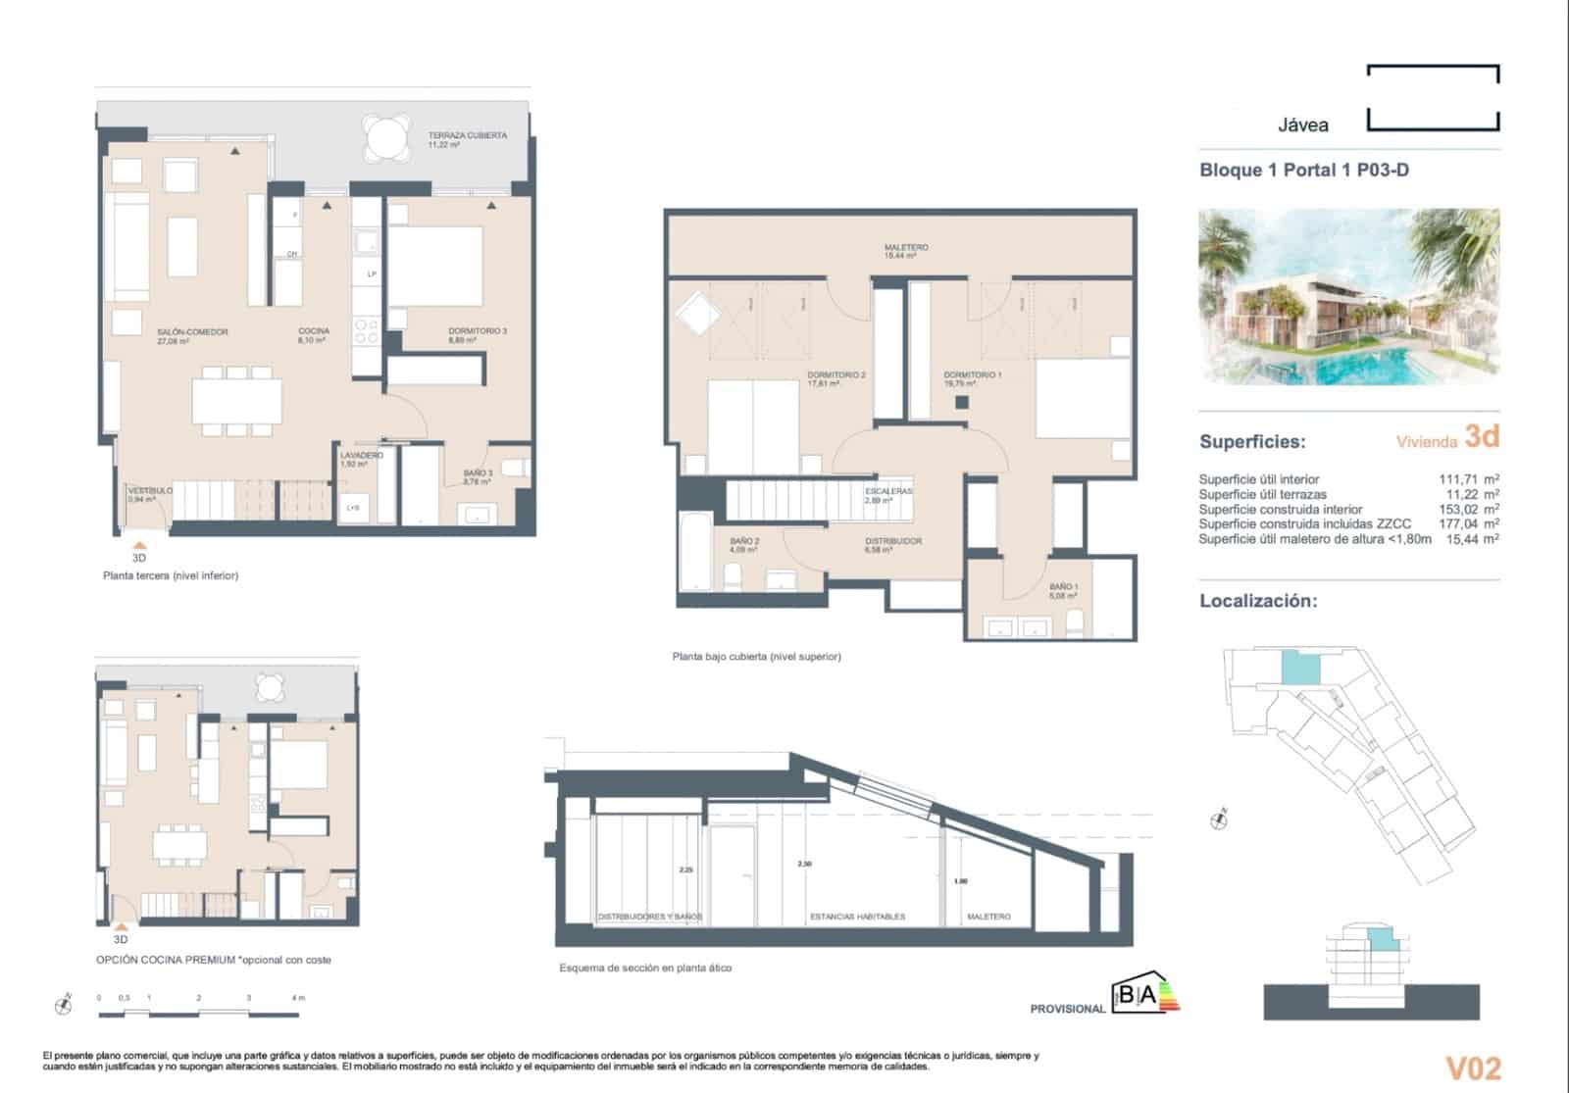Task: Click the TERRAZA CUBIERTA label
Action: click(x=467, y=135)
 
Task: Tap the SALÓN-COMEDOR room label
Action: click(x=192, y=332)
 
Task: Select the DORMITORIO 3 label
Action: click(x=478, y=331)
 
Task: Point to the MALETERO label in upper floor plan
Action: click(x=905, y=248)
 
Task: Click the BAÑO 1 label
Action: click(x=1062, y=587)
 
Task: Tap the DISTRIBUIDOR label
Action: click(x=892, y=541)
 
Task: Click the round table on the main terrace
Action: click(x=385, y=138)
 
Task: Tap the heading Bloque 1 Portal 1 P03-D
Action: click(x=1303, y=171)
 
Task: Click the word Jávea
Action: click(x=1303, y=125)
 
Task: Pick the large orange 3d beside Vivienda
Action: click(x=1481, y=436)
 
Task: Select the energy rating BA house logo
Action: click(x=1145, y=995)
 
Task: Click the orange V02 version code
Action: click(x=1473, y=1068)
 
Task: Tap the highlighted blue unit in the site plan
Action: click(x=1300, y=669)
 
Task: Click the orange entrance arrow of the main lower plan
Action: click(x=139, y=545)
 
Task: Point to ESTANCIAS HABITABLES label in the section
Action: click(x=857, y=917)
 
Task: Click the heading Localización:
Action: click(x=1258, y=601)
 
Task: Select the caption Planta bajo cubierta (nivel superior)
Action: click(x=756, y=657)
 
